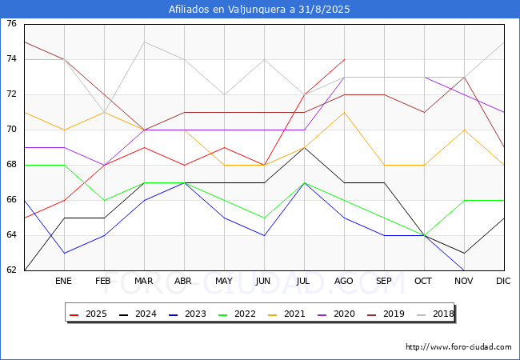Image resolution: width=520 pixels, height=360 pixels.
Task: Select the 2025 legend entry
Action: pos(88,314)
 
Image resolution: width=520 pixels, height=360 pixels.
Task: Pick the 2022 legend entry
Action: pos(237,314)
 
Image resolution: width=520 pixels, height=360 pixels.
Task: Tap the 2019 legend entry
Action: pos(386,314)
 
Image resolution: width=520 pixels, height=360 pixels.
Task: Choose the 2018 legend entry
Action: pos(435,314)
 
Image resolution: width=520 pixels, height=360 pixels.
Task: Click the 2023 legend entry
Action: pos(187,314)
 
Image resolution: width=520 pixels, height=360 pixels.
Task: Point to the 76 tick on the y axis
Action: pos(11,24)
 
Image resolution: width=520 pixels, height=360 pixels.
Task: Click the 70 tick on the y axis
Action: pos(11,130)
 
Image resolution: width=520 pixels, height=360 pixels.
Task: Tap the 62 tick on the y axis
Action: pos(11,270)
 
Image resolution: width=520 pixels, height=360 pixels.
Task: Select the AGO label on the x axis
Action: pos(343,281)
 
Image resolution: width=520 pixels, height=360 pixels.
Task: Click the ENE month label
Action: pos(63,281)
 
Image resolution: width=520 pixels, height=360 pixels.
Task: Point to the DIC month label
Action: pos(503,281)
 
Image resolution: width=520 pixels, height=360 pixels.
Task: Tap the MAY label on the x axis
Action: pos(224,281)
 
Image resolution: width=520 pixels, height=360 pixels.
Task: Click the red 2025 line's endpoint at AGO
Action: pos(345,60)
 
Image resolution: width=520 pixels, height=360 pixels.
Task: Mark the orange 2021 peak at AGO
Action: pos(345,112)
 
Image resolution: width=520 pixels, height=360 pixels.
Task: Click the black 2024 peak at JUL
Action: pos(305,147)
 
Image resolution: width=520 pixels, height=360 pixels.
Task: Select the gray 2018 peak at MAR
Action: pos(144,42)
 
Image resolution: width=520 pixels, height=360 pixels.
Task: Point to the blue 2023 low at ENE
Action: pos(64,253)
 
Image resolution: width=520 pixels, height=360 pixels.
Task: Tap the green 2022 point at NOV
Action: pos(464,200)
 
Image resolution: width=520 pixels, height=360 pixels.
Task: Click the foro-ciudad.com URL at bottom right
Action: pos(458,347)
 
